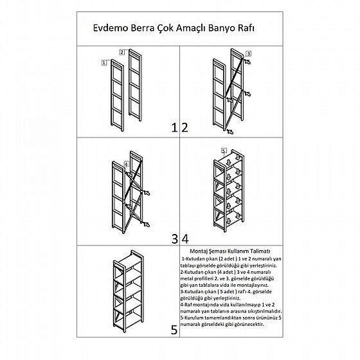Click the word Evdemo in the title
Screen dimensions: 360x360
tap(111, 28)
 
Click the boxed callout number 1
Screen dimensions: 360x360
tap(104, 62)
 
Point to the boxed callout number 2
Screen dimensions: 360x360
tap(122, 52)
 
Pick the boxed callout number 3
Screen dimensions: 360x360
tap(248, 53)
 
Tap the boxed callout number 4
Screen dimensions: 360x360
tap(126, 164)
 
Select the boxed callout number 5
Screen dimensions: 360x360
tap(224, 150)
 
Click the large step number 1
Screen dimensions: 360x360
tap(174, 127)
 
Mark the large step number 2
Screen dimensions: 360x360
tap(185, 127)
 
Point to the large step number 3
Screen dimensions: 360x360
tap(174, 239)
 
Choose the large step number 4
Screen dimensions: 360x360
tap(185, 239)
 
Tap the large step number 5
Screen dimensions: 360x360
tap(174, 330)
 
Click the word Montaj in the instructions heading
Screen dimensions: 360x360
tap(199, 251)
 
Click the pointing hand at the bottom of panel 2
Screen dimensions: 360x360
tap(230, 132)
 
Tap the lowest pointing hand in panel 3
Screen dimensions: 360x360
tap(146, 224)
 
